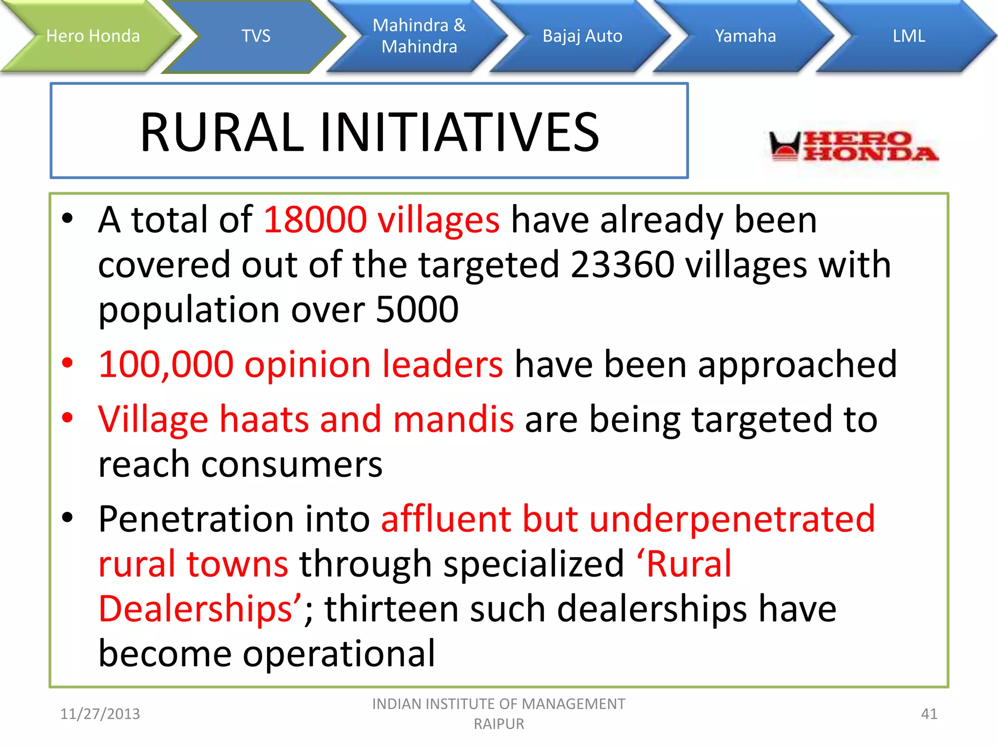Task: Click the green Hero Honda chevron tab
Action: [x=93, y=36]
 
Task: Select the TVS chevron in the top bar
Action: [x=256, y=36]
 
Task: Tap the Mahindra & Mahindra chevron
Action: [x=419, y=36]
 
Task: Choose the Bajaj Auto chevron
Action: [x=582, y=36]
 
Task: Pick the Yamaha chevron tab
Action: [x=745, y=36]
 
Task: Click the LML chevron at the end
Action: [x=908, y=36]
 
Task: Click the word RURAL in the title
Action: [x=222, y=132]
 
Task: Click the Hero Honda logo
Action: [x=853, y=146]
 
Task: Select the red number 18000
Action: [x=315, y=220]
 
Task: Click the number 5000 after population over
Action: [x=417, y=310]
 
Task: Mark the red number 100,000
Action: [x=166, y=365]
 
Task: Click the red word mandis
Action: [x=453, y=420]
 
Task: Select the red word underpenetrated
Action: [x=732, y=520]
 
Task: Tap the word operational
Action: [x=339, y=654]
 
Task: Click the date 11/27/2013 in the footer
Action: [x=100, y=714]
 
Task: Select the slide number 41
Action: [x=929, y=714]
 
